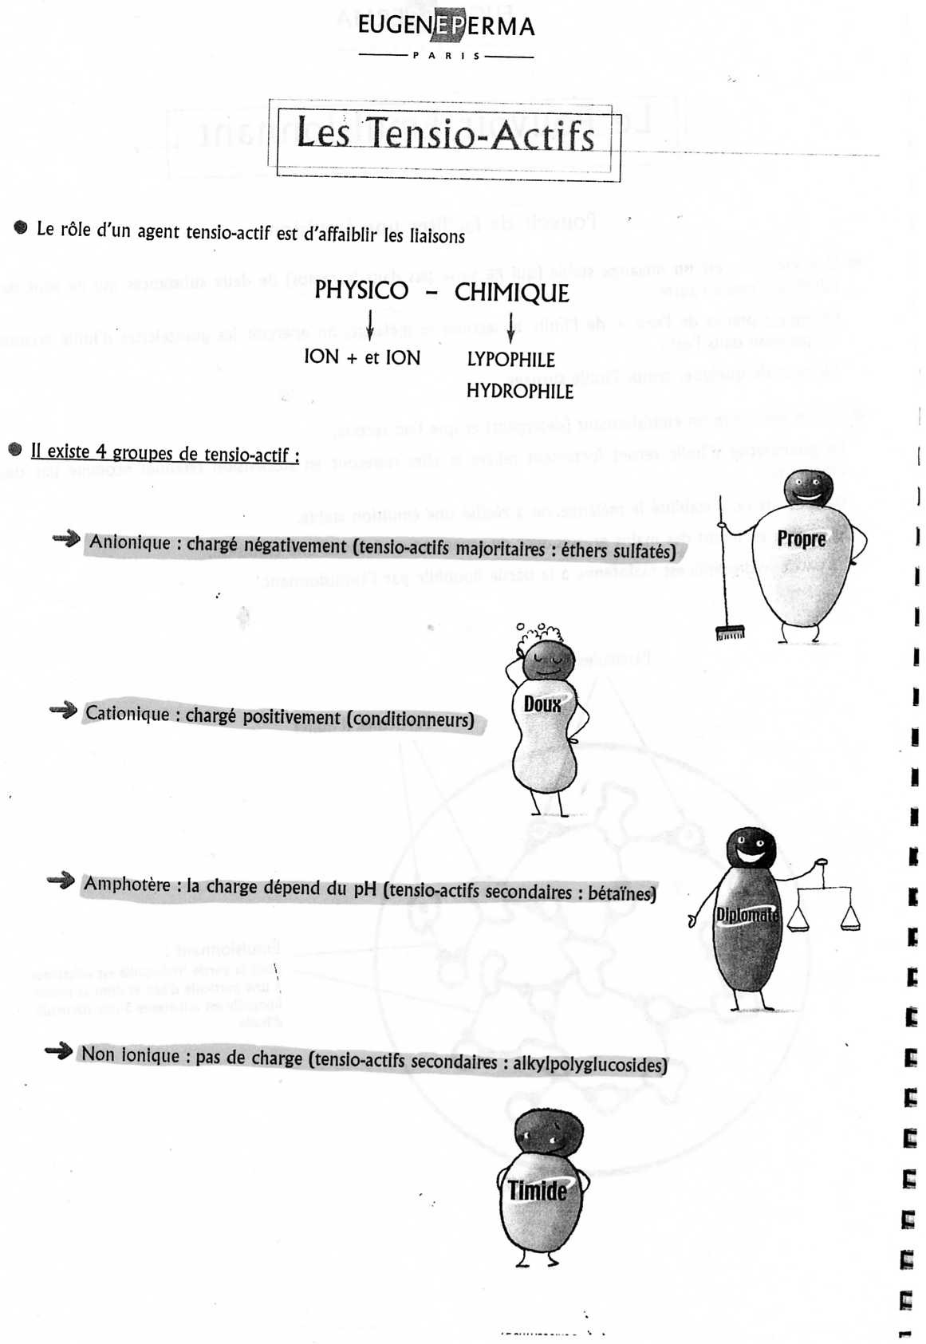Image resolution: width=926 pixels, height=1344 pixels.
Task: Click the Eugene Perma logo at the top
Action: (x=446, y=26)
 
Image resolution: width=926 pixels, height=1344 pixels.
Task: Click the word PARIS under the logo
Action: (x=447, y=56)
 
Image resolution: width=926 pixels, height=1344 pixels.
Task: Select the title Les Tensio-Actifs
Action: (x=446, y=135)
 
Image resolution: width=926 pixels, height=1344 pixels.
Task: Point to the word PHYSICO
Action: (x=361, y=290)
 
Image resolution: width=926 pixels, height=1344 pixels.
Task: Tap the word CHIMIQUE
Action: (x=511, y=293)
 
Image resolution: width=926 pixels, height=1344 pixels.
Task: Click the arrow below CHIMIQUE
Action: (x=510, y=327)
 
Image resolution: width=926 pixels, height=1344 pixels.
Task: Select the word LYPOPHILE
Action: (x=510, y=360)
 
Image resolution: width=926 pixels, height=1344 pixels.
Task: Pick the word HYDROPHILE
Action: (x=519, y=391)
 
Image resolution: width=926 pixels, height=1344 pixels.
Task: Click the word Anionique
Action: (x=129, y=542)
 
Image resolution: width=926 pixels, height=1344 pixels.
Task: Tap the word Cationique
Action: (x=127, y=713)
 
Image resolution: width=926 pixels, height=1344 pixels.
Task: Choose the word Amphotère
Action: (x=127, y=884)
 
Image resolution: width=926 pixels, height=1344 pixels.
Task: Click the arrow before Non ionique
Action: (x=59, y=1051)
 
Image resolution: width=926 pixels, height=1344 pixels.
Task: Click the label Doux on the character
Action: (x=542, y=704)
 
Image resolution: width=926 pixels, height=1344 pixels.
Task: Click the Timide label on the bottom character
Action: (x=538, y=1191)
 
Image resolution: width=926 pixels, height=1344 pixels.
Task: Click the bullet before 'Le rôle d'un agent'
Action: (x=21, y=228)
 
